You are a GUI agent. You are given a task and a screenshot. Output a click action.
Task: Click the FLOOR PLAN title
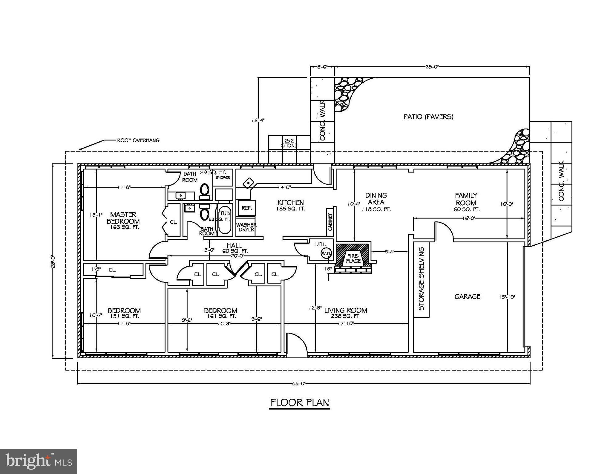click(300, 402)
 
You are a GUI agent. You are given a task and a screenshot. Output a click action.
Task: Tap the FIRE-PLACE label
click(353, 259)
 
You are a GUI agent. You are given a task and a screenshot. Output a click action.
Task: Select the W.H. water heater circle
click(326, 253)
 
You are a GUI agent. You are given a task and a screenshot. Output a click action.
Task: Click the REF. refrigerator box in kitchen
click(247, 208)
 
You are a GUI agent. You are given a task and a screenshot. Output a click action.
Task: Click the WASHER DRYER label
click(246, 227)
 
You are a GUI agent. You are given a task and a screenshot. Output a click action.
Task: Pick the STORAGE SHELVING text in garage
click(421, 279)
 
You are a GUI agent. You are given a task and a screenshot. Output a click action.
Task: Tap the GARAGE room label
click(467, 297)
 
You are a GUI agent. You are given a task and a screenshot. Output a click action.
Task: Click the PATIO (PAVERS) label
click(429, 117)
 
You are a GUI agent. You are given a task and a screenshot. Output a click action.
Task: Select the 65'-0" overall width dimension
click(299, 384)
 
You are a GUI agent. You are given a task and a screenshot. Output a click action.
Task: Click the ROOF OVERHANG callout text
click(138, 140)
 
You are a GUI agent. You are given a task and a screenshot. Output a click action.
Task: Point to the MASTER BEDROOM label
click(123, 218)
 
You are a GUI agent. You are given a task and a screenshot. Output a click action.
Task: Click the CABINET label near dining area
click(330, 222)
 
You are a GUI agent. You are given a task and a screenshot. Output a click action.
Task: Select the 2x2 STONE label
click(289, 143)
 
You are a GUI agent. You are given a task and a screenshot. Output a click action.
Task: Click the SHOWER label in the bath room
click(223, 178)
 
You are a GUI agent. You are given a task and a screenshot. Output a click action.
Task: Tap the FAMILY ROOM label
click(466, 199)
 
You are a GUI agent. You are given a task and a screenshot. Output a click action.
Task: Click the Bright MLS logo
click(39, 461)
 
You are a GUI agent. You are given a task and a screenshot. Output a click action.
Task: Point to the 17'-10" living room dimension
click(346, 323)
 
